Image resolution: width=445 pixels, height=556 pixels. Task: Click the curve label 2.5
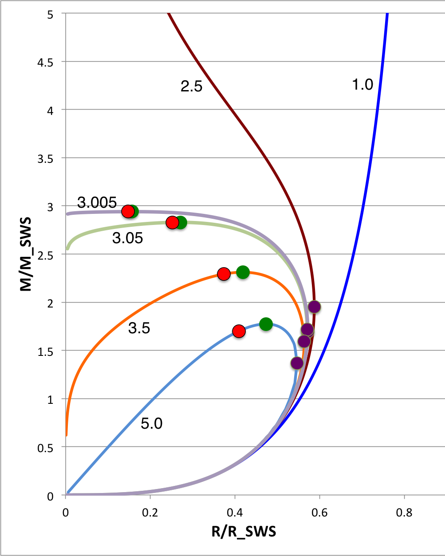coord(191,86)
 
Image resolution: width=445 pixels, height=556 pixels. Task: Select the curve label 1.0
coord(362,84)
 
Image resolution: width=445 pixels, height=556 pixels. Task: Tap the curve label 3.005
coord(97,203)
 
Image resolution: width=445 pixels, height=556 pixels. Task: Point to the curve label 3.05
coord(127,238)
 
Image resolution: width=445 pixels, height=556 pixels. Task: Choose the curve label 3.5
coord(139,328)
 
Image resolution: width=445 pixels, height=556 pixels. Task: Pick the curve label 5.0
coord(151,424)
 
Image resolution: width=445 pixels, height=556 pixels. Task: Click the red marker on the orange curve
coord(224,274)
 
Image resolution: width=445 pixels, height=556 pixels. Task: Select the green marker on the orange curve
coord(243,272)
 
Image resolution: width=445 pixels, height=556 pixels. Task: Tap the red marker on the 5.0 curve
coord(239,331)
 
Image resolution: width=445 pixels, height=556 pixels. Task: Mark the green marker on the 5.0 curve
coord(265,324)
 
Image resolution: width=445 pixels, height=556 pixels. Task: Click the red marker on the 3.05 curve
coord(172,223)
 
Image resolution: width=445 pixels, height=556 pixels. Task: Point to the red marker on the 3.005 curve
coord(128,211)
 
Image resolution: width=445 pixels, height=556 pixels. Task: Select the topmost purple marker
coord(314,307)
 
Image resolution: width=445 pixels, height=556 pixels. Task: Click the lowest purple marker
coord(297,363)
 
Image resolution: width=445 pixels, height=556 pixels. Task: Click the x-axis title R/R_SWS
coord(244,531)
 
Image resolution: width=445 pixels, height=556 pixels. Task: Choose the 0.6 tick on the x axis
coord(319,513)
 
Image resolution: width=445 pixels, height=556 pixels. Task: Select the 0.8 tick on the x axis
coord(404,513)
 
